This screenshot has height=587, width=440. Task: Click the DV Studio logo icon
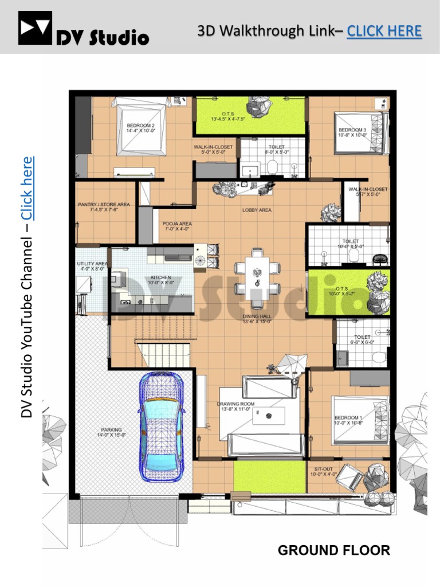point(35,28)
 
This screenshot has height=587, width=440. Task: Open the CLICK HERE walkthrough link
point(384,30)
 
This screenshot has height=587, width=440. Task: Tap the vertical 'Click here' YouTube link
point(27,188)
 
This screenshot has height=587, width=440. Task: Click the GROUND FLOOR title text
point(333,550)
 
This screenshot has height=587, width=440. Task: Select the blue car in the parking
point(162,428)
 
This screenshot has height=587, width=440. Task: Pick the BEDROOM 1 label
point(348,420)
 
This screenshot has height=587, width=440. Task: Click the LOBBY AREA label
point(257,210)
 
